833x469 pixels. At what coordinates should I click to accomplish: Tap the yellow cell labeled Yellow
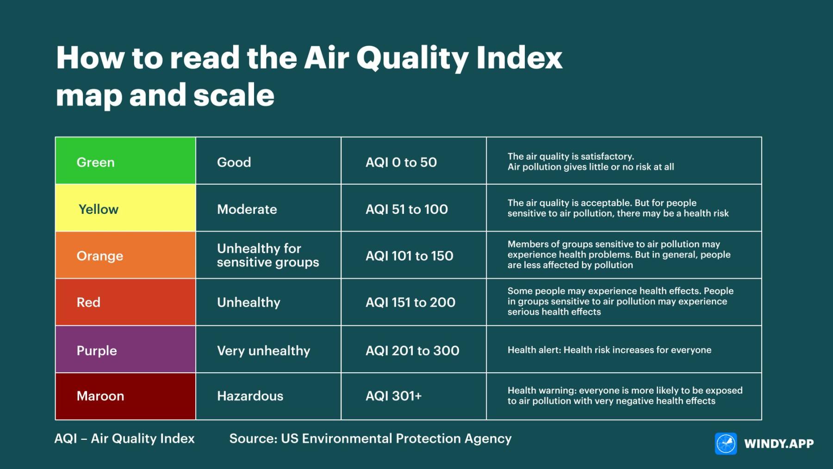(125, 208)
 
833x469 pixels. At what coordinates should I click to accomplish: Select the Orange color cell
(125, 255)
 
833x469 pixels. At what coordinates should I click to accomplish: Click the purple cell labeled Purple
(125, 350)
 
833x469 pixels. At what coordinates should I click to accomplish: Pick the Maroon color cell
(125, 396)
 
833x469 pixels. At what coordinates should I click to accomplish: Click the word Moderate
(247, 209)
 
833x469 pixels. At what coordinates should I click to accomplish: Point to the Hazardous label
(250, 396)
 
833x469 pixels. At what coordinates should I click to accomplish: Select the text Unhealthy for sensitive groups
(267, 255)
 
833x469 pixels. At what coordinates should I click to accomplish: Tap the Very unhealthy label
(263, 350)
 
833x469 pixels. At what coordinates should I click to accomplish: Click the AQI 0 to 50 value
(401, 162)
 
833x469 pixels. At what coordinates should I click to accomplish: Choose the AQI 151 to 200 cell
(410, 302)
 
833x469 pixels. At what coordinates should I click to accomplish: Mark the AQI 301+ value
(393, 396)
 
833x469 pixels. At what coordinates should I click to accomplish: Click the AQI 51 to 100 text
(406, 209)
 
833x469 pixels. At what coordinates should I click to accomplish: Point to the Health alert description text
(609, 350)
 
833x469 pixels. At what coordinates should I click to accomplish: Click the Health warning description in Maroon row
(624, 396)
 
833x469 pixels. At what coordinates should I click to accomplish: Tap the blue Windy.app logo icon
(726, 444)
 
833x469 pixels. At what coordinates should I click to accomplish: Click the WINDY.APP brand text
(778, 444)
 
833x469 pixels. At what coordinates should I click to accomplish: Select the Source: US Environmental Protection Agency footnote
(370, 438)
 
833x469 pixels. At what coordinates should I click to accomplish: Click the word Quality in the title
(412, 59)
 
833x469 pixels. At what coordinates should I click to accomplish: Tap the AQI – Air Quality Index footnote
(124, 438)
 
